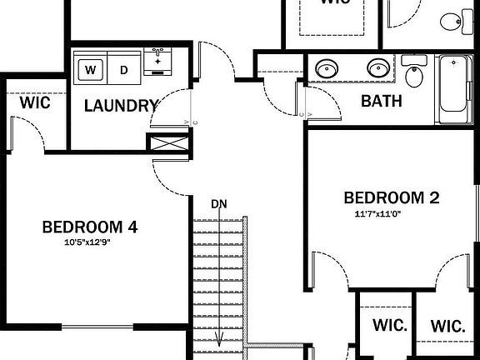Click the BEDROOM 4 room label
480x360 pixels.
click(x=89, y=227)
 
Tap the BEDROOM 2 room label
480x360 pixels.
click(x=391, y=198)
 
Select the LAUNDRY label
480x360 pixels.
click(x=121, y=106)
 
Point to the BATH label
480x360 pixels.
click(x=381, y=102)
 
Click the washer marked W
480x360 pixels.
click(x=91, y=69)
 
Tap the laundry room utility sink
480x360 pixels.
click(x=157, y=61)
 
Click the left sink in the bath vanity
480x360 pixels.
click(x=326, y=67)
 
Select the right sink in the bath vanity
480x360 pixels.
click(x=379, y=67)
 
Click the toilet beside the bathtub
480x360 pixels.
click(x=414, y=73)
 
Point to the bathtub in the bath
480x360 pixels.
click(x=454, y=92)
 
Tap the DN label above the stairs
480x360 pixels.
click(x=219, y=203)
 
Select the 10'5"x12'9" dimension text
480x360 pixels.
click(x=87, y=243)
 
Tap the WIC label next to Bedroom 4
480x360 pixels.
click(x=36, y=103)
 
